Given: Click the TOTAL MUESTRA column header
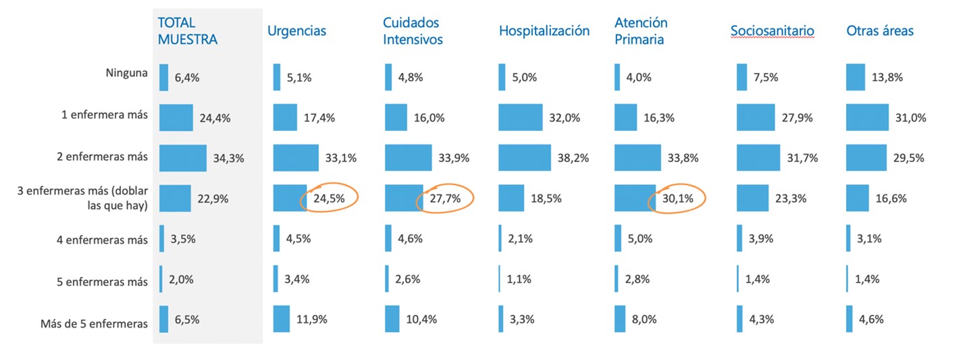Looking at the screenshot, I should (187, 31).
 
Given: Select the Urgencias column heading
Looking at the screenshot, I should (296, 31).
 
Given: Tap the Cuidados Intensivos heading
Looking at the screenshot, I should (413, 31).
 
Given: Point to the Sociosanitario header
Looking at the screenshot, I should (772, 31).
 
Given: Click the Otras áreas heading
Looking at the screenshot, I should (879, 31).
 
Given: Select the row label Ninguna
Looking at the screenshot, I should (126, 72).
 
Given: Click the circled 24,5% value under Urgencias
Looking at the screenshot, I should (329, 199).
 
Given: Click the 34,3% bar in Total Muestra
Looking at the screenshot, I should (182, 158).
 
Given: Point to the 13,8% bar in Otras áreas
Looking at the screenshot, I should (855, 77).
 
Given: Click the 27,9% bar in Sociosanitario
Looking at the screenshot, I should (756, 118).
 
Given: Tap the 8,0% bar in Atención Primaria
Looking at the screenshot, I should (620, 319).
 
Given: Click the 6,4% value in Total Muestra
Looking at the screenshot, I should (187, 78).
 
